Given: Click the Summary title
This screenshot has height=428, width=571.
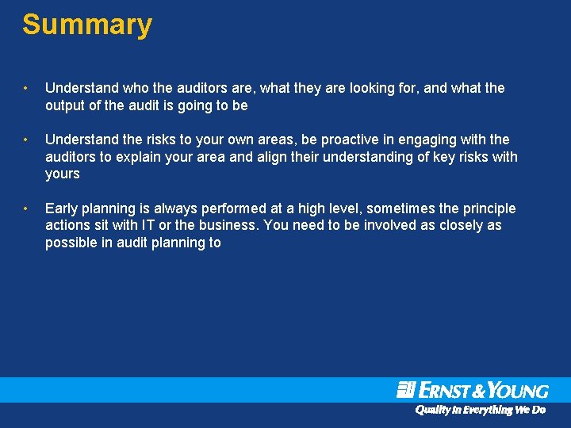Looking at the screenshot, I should pyautogui.click(x=86, y=25).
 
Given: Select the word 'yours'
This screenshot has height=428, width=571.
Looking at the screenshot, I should pyautogui.click(x=63, y=174).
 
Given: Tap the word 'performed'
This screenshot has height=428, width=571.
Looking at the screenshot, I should pyautogui.click(x=232, y=208).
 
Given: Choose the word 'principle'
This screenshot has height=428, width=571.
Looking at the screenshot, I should pyautogui.click(x=489, y=208).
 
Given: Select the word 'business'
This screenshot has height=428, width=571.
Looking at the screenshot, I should pyautogui.click(x=228, y=226).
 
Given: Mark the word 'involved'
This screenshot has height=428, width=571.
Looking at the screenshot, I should pyautogui.click(x=395, y=226).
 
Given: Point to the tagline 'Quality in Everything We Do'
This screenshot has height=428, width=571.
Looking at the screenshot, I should pyautogui.click(x=481, y=410).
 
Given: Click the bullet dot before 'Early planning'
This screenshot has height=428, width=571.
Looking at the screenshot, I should pyautogui.click(x=27, y=209).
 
